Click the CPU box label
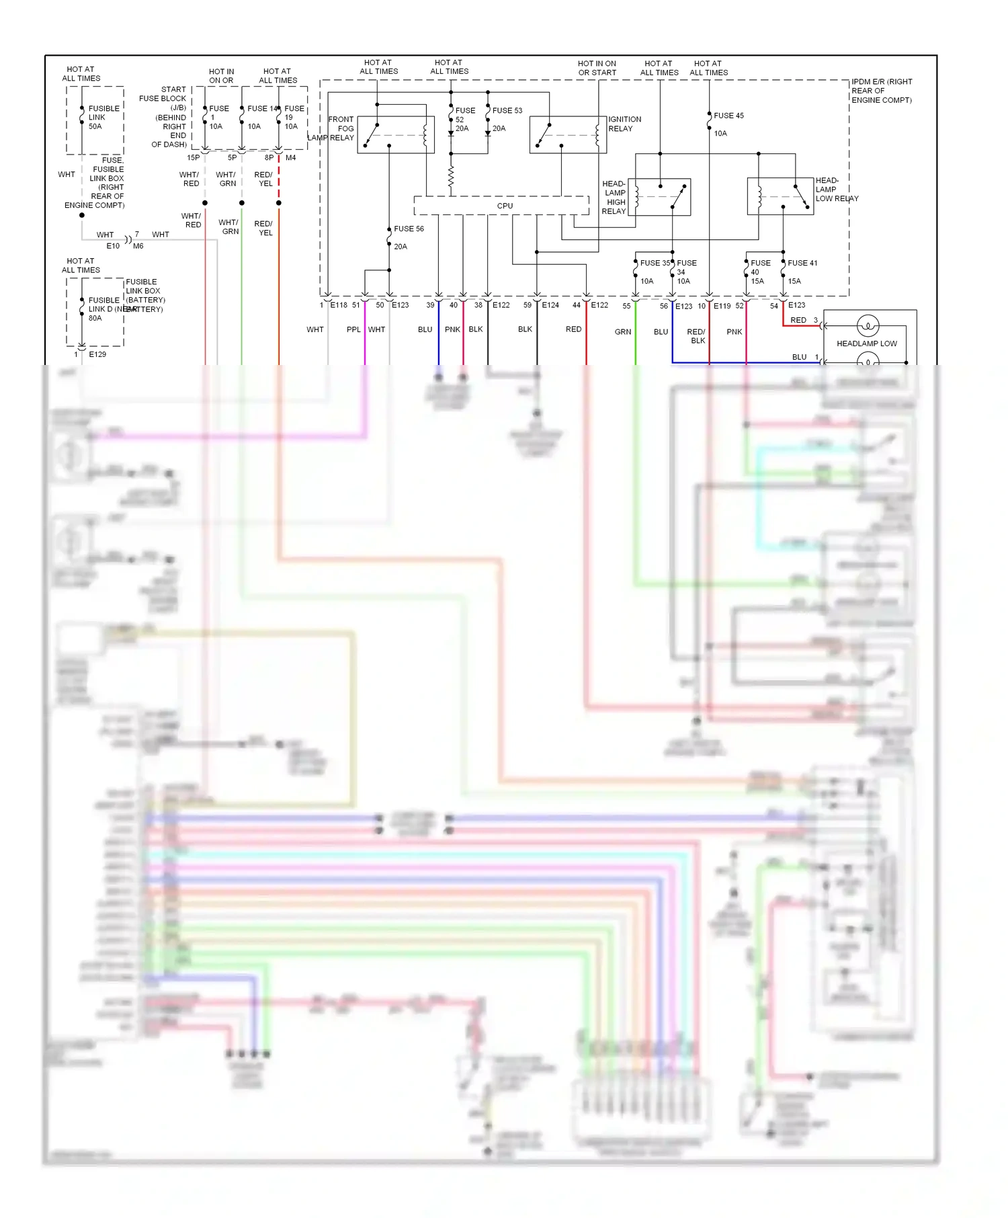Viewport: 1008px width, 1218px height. [505, 206]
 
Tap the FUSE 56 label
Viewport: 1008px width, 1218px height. [409, 229]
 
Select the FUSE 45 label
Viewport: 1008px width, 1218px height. [728, 116]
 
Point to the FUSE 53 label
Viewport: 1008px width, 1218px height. [507, 110]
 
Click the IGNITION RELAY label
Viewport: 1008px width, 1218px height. [624, 124]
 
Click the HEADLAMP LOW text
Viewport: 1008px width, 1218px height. [866, 343]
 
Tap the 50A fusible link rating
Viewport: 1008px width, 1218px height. [95, 126]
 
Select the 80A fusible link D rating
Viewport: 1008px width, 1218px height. [95, 318]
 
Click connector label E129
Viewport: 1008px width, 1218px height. [97, 354]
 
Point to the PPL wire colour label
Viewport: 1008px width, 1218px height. [353, 329]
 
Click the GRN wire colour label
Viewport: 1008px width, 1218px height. [623, 331]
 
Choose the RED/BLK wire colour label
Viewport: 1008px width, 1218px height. [696, 336]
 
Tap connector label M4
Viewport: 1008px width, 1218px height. [290, 158]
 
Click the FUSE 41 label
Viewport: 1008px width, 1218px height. [802, 263]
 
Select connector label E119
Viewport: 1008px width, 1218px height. [722, 306]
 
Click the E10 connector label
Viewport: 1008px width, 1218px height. [113, 246]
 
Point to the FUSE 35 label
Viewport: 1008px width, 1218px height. [654, 263]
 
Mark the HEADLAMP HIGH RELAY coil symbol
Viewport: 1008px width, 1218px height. [637, 196]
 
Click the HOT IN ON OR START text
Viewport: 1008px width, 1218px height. [597, 68]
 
